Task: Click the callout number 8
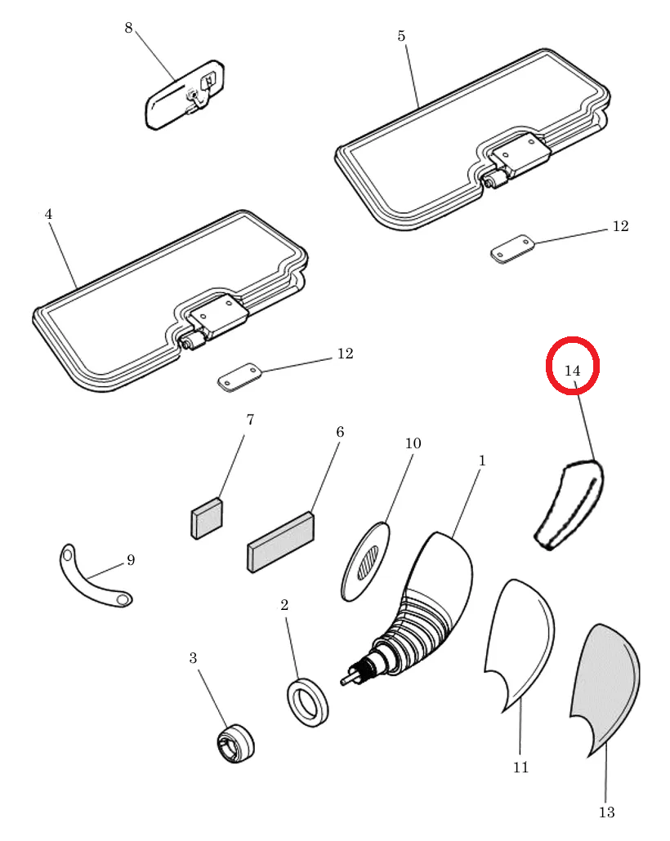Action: coord(128,28)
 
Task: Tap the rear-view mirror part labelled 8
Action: coord(185,95)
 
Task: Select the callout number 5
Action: coord(401,36)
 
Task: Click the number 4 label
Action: coord(48,215)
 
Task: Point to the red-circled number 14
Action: coord(572,371)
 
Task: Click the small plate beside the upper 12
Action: coord(512,249)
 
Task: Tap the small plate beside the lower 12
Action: coord(239,377)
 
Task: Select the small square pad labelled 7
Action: coord(208,518)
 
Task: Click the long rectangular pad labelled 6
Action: coord(280,541)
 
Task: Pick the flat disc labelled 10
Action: coord(365,561)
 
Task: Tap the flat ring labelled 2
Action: coord(307,703)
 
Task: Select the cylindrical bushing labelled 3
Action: coord(235,743)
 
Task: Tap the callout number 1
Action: coord(481,461)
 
